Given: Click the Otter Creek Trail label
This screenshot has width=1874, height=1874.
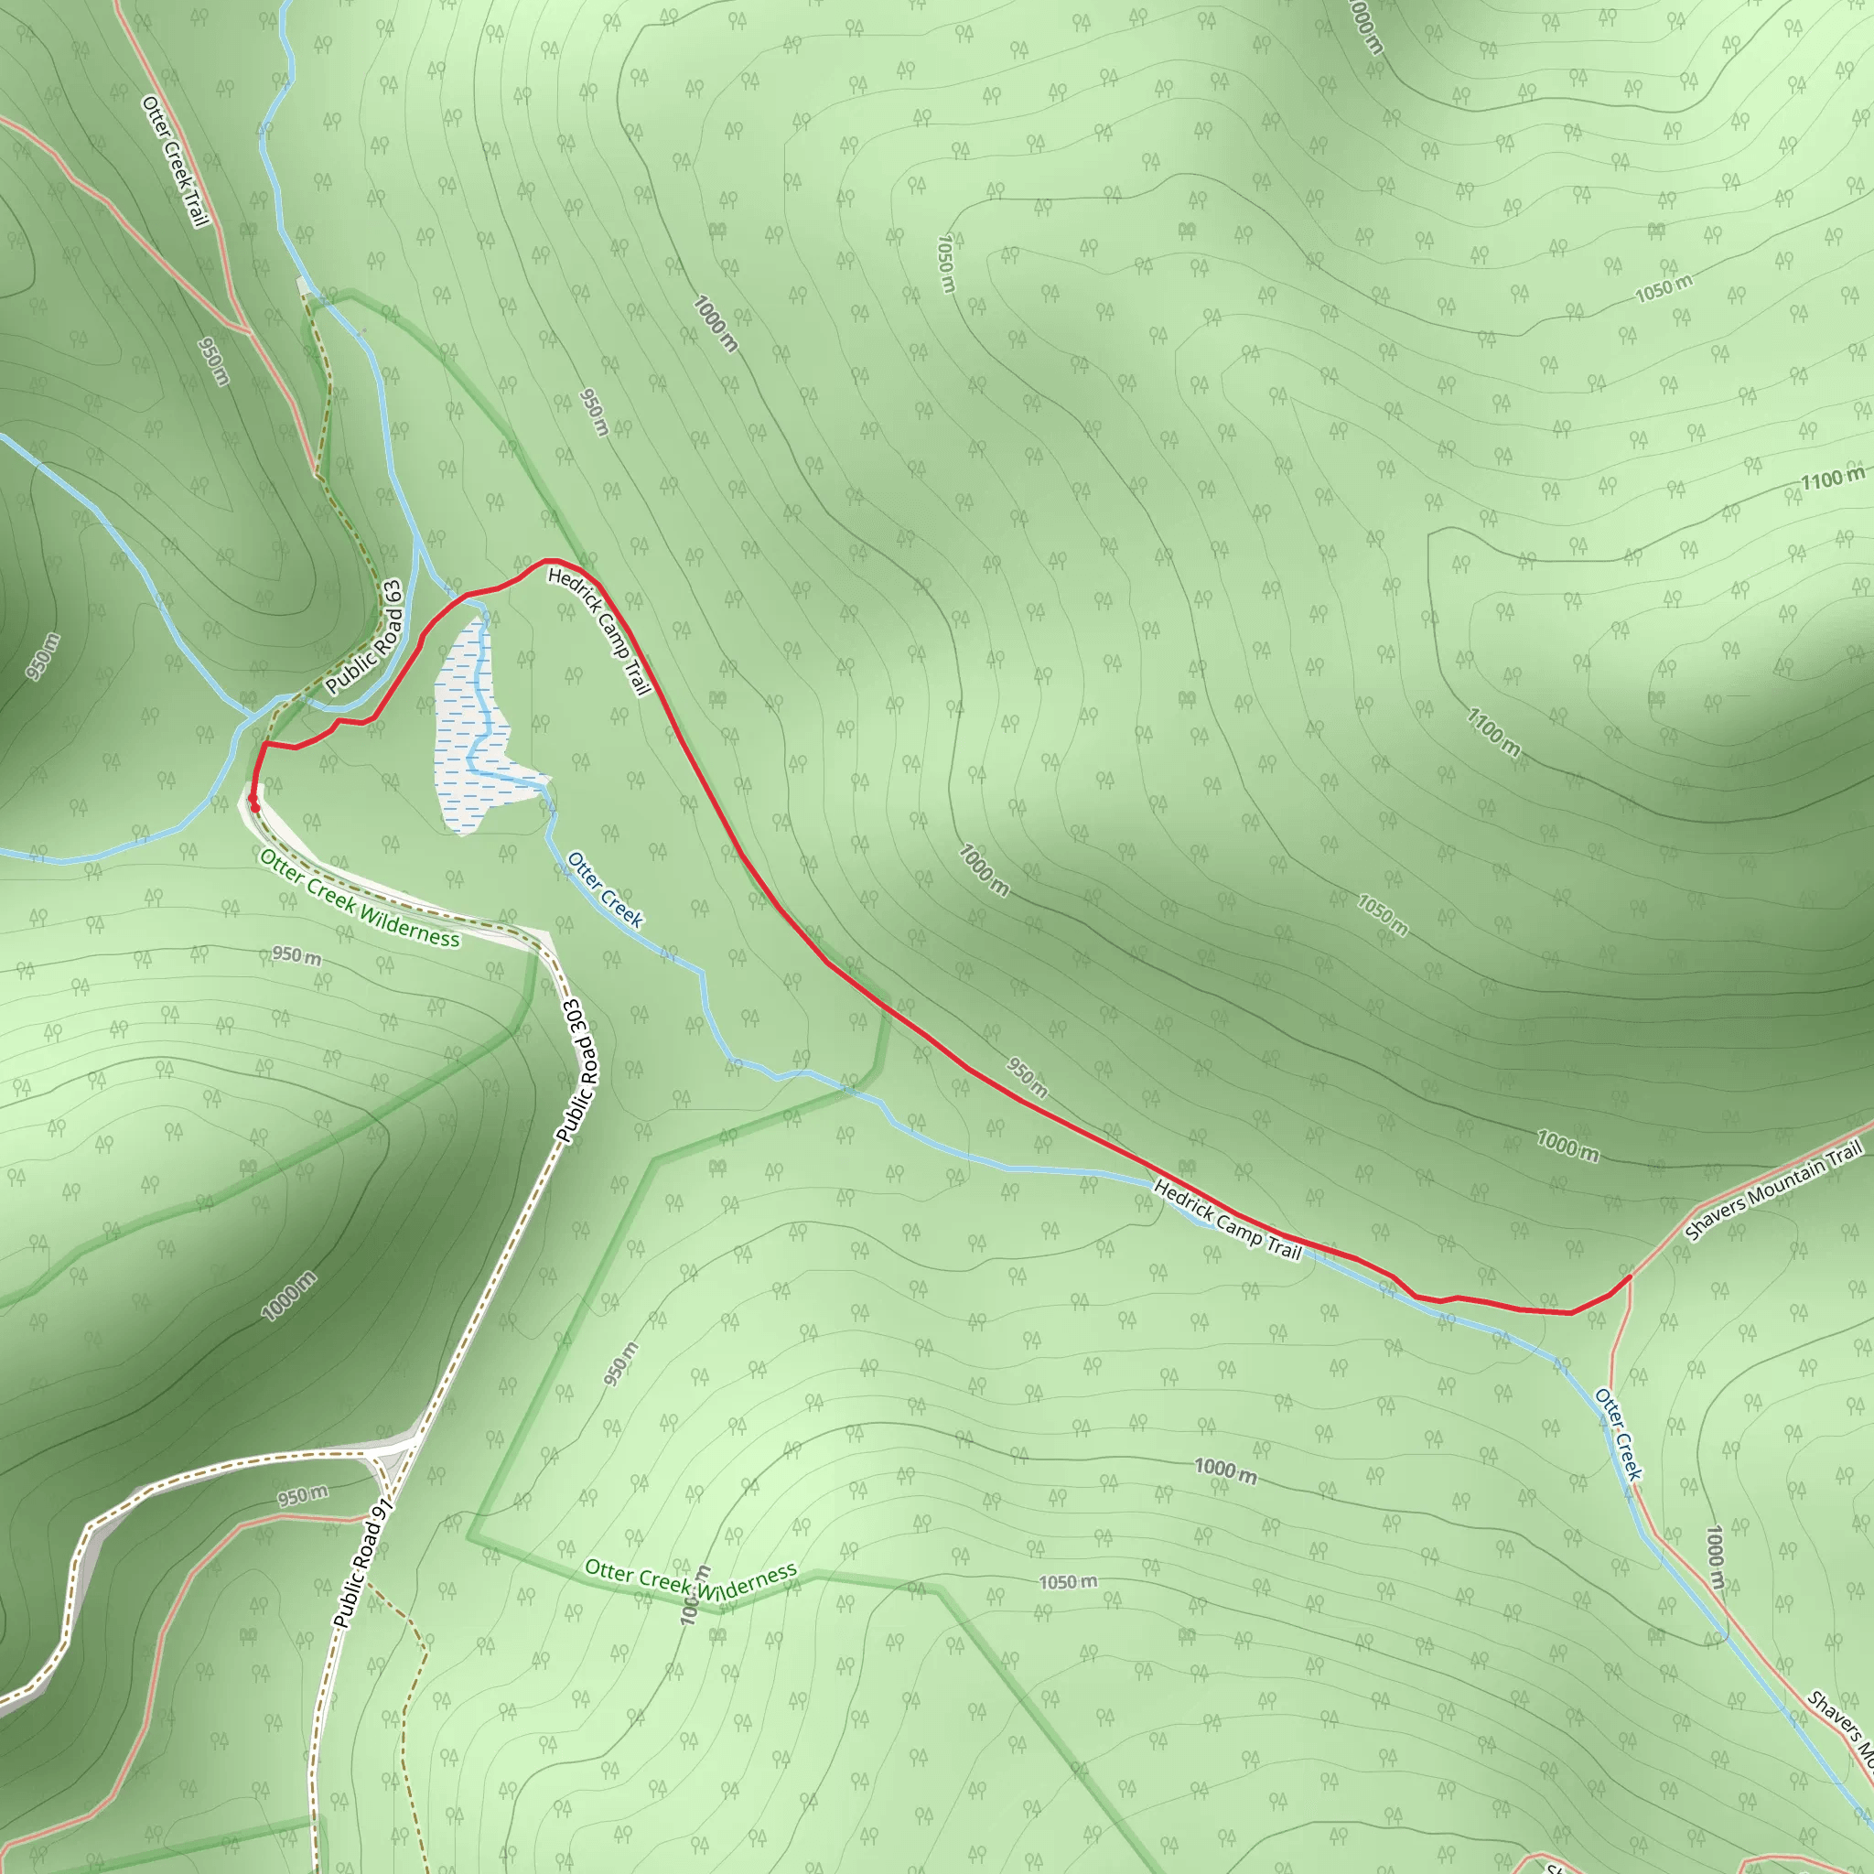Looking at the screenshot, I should pyautogui.click(x=176, y=161).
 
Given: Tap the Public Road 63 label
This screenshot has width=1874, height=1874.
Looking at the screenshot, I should pyautogui.click(x=364, y=637).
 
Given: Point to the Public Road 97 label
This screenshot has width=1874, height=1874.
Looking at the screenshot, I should pyautogui.click(x=361, y=1563).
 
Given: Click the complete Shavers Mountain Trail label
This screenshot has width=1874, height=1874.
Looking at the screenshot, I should pyautogui.click(x=1774, y=1191).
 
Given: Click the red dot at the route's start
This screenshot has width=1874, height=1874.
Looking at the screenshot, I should pyautogui.click(x=254, y=803).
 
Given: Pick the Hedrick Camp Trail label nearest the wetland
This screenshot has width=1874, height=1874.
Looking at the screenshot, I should pyautogui.click(x=598, y=631).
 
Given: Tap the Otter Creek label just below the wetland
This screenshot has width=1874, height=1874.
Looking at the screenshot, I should pyautogui.click(x=604, y=889).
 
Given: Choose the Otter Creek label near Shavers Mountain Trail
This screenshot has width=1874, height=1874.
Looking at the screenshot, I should pyautogui.click(x=1619, y=1434).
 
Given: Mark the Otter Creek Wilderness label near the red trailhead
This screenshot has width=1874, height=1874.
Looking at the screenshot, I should pyautogui.click(x=360, y=898).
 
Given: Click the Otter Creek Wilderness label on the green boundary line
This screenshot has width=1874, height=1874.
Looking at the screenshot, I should pyautogui.click(x=691, y=1580).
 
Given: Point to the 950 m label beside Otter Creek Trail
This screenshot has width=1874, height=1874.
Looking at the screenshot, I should pyautogui.click(x=213, y=361).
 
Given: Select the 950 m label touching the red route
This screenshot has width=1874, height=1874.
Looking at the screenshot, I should pyautogui.click(x=1027, y=1078).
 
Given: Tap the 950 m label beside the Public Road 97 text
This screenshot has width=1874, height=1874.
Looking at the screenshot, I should pyautogui.click(x=303, y=1496).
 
